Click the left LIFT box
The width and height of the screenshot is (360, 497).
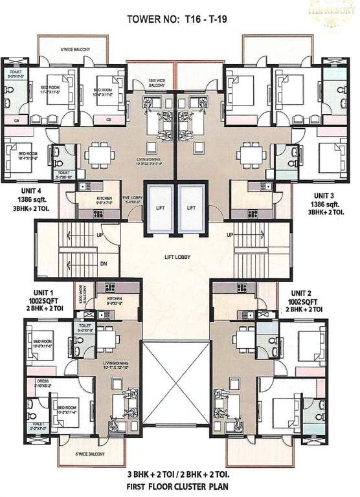159,208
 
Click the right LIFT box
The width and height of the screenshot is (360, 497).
191,208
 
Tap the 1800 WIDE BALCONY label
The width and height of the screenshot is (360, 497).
158,82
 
